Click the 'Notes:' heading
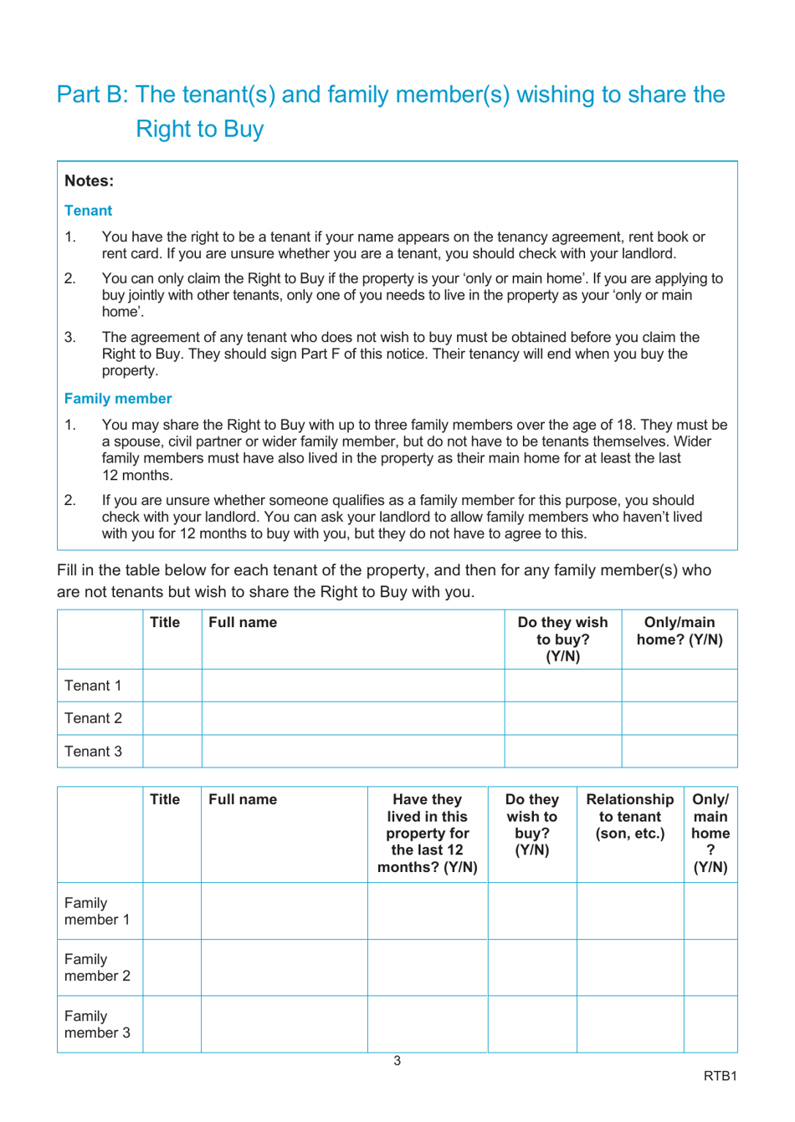click(89, 181)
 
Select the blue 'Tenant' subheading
click(88, 211)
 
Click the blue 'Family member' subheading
click(118, 399)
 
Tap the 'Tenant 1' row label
click(93, 686)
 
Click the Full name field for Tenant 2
click(352, 718)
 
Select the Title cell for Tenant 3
click(172, 751)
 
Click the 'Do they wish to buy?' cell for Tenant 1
click(562, 686)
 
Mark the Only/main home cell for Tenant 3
click(679, 751)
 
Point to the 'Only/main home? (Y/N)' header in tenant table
click(679, 631)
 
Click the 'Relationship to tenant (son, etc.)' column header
click(629, 817)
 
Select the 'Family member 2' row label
click(97, 967)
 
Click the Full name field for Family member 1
click(284, 911)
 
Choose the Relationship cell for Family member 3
click(629, 1024)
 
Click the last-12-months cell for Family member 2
click(427, 967)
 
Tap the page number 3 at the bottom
click(397, 1061)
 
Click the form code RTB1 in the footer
click(720, 1076)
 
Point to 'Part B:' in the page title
click(92, 94)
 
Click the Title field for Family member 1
click(172, 911)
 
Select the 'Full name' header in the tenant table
click(243, 623)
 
